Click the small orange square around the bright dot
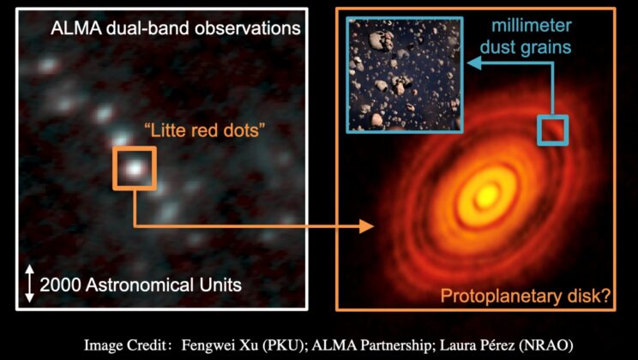[134, 168]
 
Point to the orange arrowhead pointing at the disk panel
[367, 226]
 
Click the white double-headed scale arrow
[30, 284]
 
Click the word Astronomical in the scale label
[136, 284]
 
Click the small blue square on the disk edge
[552, 129]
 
